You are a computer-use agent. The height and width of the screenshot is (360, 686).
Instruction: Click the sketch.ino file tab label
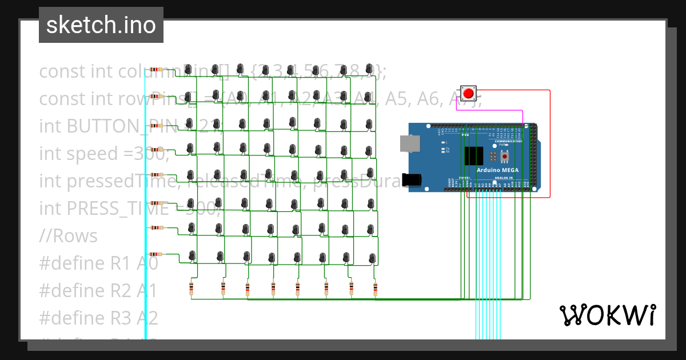[101, 25]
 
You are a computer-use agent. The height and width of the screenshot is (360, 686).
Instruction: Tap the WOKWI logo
[607, 315]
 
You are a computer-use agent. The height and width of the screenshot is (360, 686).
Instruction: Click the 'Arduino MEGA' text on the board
[497, 170]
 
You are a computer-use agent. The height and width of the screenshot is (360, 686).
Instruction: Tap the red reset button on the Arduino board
[504, 155]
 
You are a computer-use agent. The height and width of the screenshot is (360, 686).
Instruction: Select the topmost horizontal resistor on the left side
[155, 70]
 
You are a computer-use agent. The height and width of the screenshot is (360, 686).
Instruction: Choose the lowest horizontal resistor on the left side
[155, 254]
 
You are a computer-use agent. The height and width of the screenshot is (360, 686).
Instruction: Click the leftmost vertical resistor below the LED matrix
[191, 289]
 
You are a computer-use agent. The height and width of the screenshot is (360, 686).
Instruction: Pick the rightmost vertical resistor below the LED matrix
[375, 289]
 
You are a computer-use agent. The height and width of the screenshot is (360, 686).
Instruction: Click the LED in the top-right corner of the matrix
[370, 70]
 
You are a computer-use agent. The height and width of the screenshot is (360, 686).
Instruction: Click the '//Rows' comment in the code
[68, 236]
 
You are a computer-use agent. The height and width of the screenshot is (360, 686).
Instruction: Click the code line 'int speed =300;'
[103, 154]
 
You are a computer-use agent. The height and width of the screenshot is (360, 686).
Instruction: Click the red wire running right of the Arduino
[550, 143]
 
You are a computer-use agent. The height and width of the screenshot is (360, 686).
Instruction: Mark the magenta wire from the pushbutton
[492, 110]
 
